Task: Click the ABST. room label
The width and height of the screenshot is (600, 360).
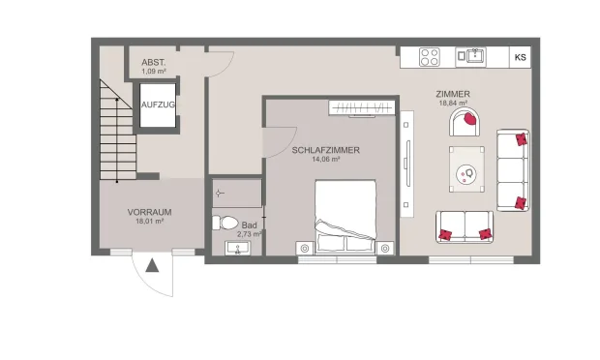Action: click(x=155, y=61)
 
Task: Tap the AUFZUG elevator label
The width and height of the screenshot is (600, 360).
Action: click(x=157, y=104)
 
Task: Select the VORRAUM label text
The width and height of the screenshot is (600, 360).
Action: click(x=149, y=211)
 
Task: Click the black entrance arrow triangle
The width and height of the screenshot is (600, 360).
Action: click(x=152, y=264)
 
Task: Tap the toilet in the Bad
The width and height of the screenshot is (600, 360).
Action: click(x=226, y=223)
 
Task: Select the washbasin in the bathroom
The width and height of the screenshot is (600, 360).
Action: click(x=237, y=249)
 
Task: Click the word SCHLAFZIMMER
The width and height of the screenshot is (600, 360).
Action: click(x=326, y=150)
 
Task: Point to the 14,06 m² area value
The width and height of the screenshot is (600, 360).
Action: click(x=326, y=160)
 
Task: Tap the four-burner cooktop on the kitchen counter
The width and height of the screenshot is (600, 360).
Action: click(x=429, y=56)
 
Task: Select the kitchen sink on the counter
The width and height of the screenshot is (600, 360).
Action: click(x=474, y=55)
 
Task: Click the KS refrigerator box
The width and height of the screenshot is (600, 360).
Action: click(x=521, y=56)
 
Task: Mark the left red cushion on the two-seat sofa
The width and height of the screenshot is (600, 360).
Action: click(x=447, y=233)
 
